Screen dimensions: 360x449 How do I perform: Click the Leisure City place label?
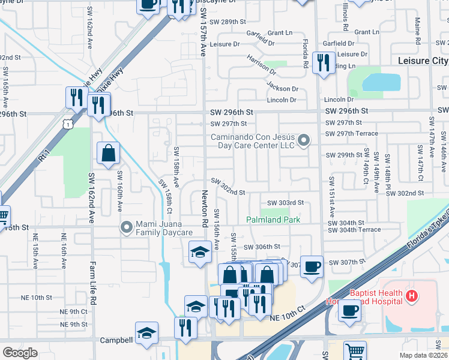[x=423, y=61]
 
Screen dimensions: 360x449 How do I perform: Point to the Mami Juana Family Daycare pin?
[x=126, y=227]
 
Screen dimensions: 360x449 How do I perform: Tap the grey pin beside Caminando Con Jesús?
[x=304, y=141]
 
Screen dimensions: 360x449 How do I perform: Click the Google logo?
[x=20, y=352]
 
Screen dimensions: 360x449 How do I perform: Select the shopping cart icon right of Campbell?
[x=355, y=350]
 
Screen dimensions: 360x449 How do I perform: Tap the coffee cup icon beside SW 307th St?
[x=311, y=266]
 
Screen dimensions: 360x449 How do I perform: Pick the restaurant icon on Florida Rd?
[x=324, y=62]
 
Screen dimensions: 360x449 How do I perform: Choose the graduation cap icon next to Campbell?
[x=146, y=333]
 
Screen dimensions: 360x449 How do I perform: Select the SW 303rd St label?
[x=285, y=203]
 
